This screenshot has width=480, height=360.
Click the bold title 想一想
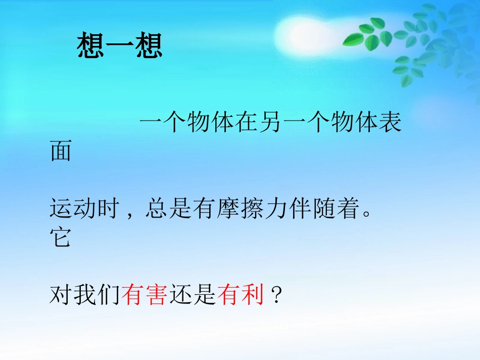coord(120,46)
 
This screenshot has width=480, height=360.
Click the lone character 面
coord(61,152)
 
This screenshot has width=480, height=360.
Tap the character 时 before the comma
coord(108,209)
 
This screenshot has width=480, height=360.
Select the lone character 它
coord(61,237)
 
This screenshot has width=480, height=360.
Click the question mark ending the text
coord(275,295)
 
